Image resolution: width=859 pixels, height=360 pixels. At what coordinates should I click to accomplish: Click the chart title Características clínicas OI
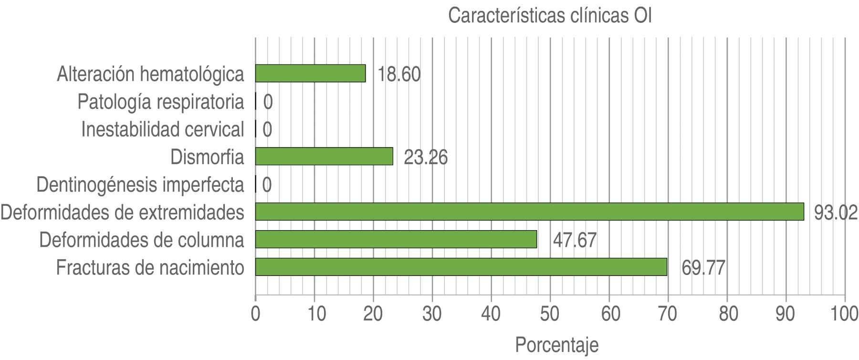coord(550,16)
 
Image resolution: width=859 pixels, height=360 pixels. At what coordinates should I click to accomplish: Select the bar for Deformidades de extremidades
coord(529,212)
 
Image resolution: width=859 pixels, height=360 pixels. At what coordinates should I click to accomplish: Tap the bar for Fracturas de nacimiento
coord(461,267)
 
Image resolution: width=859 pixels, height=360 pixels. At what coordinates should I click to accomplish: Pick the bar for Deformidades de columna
coord(396,239)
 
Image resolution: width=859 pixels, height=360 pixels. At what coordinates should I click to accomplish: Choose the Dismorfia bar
coord(324,156)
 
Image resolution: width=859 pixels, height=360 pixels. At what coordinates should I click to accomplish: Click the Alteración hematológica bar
coord(310,74)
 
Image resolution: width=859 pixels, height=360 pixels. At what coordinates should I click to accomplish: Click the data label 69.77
coord(703,268)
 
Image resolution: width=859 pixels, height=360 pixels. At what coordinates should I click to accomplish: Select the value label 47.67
coord(575,240)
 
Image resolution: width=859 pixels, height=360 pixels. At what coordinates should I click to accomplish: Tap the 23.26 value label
coord(426,158)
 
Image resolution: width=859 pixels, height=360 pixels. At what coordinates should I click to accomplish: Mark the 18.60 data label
coord(399,74)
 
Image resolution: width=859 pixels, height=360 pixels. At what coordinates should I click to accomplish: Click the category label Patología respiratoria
coord(161,102)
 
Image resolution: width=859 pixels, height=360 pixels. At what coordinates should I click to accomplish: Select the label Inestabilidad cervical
coord(163,129)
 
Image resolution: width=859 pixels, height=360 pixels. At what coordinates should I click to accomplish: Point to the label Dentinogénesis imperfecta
coord(140,185)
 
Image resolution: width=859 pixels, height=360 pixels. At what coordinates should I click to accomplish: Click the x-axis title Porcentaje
coord(556,345)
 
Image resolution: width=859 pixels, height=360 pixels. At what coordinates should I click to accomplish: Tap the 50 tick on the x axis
coord(550,314)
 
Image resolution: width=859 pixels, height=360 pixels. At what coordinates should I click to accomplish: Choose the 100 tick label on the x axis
coord(844,314)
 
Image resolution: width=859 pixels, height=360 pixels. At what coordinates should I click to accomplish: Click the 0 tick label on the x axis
coord(256,314)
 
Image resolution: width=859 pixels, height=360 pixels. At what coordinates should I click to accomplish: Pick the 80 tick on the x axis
coord(727,314)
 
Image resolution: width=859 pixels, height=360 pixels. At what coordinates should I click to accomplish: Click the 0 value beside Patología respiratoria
coord(268,102)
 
